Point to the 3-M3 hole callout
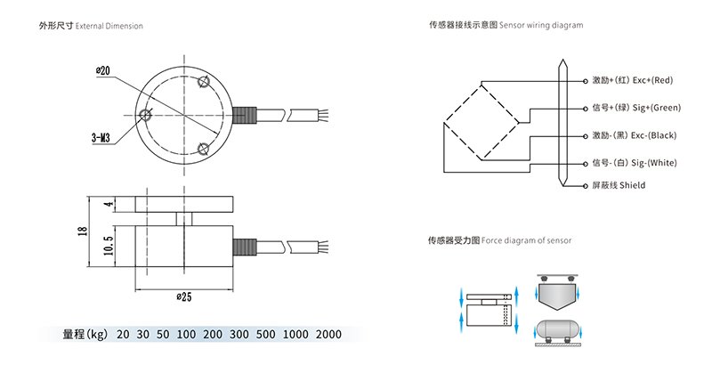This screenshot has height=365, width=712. tap(101, 138)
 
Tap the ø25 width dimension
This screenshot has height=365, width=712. tap(184, 297)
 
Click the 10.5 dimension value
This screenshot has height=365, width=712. tap(108, 246)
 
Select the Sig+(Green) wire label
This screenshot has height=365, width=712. tap(636, 108)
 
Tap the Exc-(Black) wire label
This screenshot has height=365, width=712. tap(634, 135)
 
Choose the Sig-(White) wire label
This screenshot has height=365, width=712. tap(635, 163)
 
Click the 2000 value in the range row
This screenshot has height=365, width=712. tap(328, 335)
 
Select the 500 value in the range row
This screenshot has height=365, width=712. tap(265, 335)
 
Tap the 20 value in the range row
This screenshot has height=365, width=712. tap(122, 335)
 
